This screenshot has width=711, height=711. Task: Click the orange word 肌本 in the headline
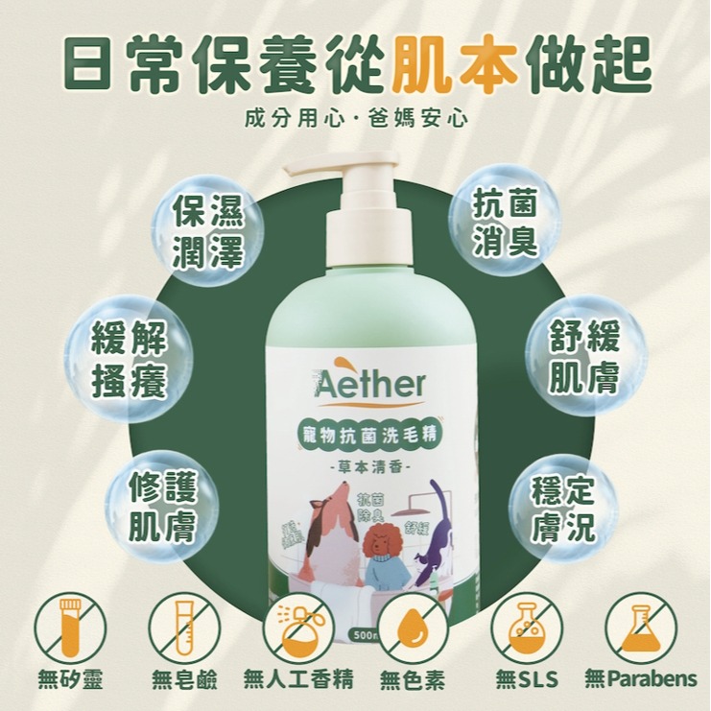click(467, 63)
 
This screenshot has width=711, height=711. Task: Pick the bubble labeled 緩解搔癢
click(130, 359)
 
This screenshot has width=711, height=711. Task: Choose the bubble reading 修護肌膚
click(162, 508)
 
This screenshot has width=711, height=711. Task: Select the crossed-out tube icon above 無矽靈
click(70, 628)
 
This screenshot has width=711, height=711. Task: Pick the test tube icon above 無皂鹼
click(183, 628)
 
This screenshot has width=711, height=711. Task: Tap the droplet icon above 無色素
click(413, 628)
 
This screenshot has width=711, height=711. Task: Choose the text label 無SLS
click(527, 680)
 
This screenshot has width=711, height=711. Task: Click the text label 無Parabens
click(641, 680)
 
